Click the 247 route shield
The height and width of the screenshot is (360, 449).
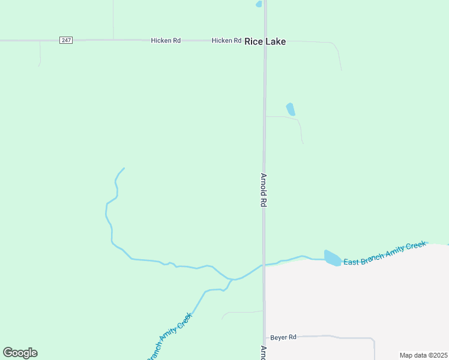(66, 40)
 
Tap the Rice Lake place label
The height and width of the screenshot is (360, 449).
(265, 41)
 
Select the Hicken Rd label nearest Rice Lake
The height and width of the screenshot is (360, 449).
(226, 40)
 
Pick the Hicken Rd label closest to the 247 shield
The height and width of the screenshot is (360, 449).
(166, 40)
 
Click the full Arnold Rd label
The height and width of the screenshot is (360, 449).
(263, 190)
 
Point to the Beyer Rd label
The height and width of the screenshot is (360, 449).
(283, 337)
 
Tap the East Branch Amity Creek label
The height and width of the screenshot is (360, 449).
(384, 254)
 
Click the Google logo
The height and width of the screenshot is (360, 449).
(20, 353)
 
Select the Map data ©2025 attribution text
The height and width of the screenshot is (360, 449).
(423, 355)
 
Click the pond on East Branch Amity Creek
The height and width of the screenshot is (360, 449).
(332, 258)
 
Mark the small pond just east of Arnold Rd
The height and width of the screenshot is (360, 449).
(291, 109)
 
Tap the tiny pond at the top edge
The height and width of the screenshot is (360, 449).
(259, 4)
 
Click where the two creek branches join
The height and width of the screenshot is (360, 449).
(232, 280)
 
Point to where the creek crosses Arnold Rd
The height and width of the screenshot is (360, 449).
(264, 265)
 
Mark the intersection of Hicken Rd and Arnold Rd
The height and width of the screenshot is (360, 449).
(265, 41)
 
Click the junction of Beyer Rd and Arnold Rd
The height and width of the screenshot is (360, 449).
(265, 337)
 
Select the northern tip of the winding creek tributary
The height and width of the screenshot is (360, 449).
(124, 169)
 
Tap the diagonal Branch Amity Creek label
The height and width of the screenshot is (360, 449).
(170, 337)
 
